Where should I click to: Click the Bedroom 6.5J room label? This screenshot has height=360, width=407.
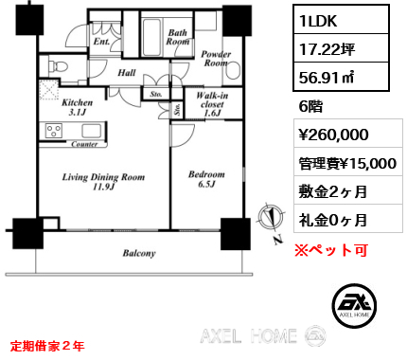[206, 179]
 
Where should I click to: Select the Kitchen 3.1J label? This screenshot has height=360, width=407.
[78, 107]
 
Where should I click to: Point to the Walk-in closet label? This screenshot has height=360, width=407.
[212, 104]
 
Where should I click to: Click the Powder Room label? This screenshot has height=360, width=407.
[216, 59]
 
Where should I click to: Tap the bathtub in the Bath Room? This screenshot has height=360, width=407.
[152, 37]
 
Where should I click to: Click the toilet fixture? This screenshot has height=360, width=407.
[58, 66]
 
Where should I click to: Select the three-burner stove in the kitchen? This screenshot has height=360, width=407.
[54, 131]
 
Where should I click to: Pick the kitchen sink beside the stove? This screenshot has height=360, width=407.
[92, 131]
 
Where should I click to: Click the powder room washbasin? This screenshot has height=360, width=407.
[233, 71]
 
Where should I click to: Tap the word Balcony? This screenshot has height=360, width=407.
[139, 253]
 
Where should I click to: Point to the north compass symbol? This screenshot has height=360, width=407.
[271, 219]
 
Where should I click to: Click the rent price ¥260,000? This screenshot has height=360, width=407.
[333, 135]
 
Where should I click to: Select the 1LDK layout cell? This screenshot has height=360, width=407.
[341, 20]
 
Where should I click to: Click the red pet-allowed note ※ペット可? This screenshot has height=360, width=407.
[331, 250]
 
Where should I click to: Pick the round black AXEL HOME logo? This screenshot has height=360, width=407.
[354, 305]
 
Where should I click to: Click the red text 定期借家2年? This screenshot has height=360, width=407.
[47, 347]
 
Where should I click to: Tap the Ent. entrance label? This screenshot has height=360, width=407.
[101, 42]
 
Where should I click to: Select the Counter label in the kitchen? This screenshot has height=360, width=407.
[84, 145]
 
